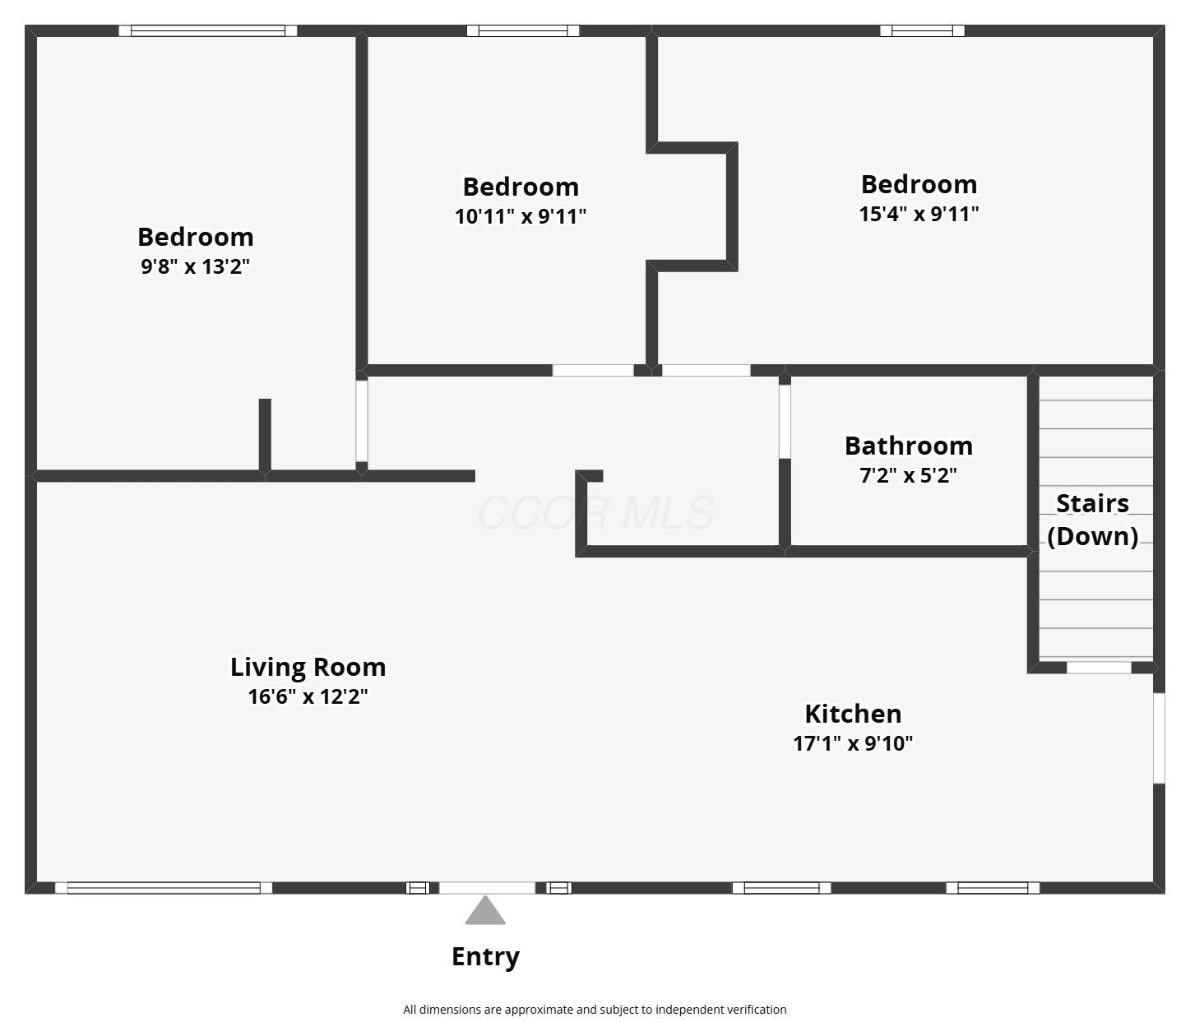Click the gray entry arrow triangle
pos(485,911)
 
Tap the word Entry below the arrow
pos(485,957)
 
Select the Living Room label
pos(308,668)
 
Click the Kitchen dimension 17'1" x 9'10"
pos(853,743)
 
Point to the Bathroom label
pos(909,446)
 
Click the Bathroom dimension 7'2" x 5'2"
pos(909,475)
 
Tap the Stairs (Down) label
pos(1093,520)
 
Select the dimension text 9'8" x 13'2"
pos(195,266)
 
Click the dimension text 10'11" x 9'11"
pos(521,216)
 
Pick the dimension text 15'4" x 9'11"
pos(919,214)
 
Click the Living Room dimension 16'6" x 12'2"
pos(308,696)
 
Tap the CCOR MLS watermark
pos(596,513)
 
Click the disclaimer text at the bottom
pos(595,1010)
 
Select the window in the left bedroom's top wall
pos(208,30)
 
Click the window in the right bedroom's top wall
pos(922,30)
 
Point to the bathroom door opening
pos(785,422)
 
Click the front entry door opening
pos(487,888)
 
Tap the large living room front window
pos(164,888)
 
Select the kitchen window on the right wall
pos(1159,738)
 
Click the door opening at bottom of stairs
pos(1099,668)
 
